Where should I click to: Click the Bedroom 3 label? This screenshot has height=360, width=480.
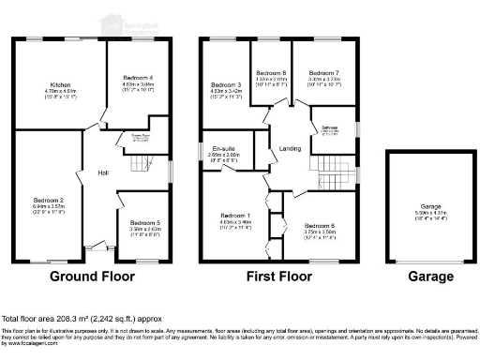coord(226,84)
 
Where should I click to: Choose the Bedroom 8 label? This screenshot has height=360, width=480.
coord(271,73)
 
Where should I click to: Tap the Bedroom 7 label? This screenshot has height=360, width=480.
coord(324,73)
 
